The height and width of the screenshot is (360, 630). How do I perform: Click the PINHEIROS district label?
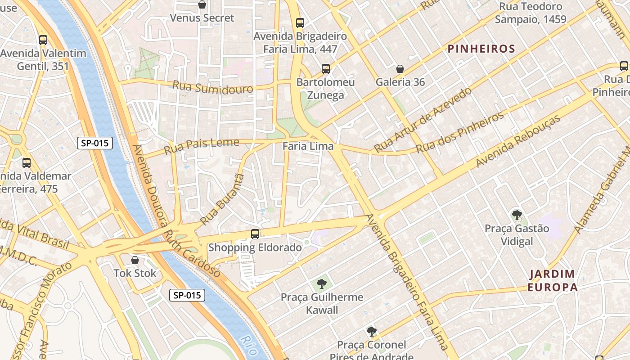481,49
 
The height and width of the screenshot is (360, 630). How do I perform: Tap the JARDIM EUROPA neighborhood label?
553,280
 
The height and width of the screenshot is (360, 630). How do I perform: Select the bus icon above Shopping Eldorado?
255,234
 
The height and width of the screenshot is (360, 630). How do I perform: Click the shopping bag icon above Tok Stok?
135,260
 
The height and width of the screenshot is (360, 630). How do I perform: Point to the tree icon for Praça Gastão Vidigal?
517,215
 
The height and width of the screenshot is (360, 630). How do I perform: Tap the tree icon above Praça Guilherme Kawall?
321,283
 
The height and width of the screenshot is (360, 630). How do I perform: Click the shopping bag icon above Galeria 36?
400,69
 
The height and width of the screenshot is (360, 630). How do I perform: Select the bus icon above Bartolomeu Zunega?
326,69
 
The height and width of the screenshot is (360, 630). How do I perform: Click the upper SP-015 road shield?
94,144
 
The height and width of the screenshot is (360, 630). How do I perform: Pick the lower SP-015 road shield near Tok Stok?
187,295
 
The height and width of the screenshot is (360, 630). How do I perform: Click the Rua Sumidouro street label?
213,87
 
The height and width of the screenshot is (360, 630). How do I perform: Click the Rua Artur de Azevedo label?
423,120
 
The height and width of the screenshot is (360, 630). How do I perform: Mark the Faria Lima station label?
308,146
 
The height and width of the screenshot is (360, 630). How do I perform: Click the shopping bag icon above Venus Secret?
202,5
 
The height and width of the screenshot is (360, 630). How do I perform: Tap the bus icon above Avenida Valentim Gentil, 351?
43,40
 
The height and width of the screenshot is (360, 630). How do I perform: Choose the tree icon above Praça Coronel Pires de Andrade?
371,332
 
